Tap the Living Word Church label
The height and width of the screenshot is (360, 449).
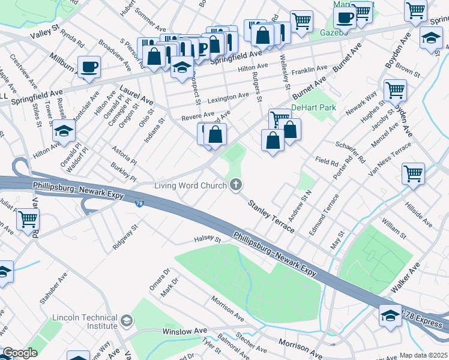click(190, 185)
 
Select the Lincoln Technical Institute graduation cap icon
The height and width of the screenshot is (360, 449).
click(126, 321)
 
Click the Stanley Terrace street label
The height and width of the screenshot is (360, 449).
click(271, 212)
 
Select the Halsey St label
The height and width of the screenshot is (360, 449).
click(208, 238)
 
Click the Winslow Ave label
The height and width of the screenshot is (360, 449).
click(184, 331)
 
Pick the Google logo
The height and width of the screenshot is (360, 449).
click(20, 353)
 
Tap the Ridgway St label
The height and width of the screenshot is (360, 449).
click(125, 237)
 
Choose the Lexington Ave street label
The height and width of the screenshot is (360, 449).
click(228, 96)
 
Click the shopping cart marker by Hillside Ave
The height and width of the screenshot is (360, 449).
click(413, 174)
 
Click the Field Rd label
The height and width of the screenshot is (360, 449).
click(327, 161)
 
